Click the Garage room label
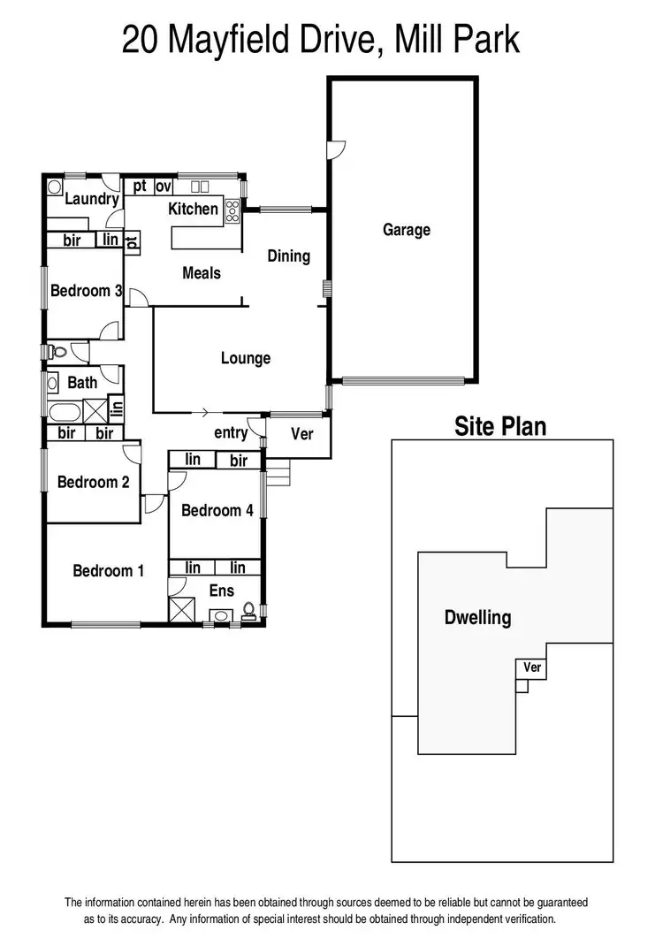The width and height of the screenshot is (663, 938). [x=407, y=230]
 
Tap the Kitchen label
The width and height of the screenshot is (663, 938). [x=193, y=209]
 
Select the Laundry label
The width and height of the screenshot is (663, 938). [x=91, y=199]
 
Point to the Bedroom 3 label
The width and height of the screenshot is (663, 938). [x=86, y=290]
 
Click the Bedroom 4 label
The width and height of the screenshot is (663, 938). [x=217, y=510]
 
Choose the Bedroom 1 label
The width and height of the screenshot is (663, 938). [x=108, y=571]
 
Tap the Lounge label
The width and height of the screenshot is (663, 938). [x=246, y=358]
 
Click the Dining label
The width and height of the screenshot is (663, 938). [x=289, y=255]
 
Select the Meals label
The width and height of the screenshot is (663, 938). [x=202, y=272]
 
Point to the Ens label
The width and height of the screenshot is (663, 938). [x=221, y=590]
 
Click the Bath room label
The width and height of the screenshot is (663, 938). [x=82, y=383]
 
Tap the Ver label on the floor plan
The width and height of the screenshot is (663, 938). [x=301, y=434]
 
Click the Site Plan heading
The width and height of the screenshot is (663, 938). [x=500, y=427]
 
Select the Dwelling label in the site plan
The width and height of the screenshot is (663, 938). [x=477, y=617]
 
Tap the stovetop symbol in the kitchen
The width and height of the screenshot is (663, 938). [x=233, y=210]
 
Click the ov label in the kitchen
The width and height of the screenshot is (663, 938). [x=163, y=187]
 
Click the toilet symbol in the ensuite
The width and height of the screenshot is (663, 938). [x=249, y=610]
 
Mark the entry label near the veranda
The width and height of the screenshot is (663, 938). [x=231, y=432]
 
